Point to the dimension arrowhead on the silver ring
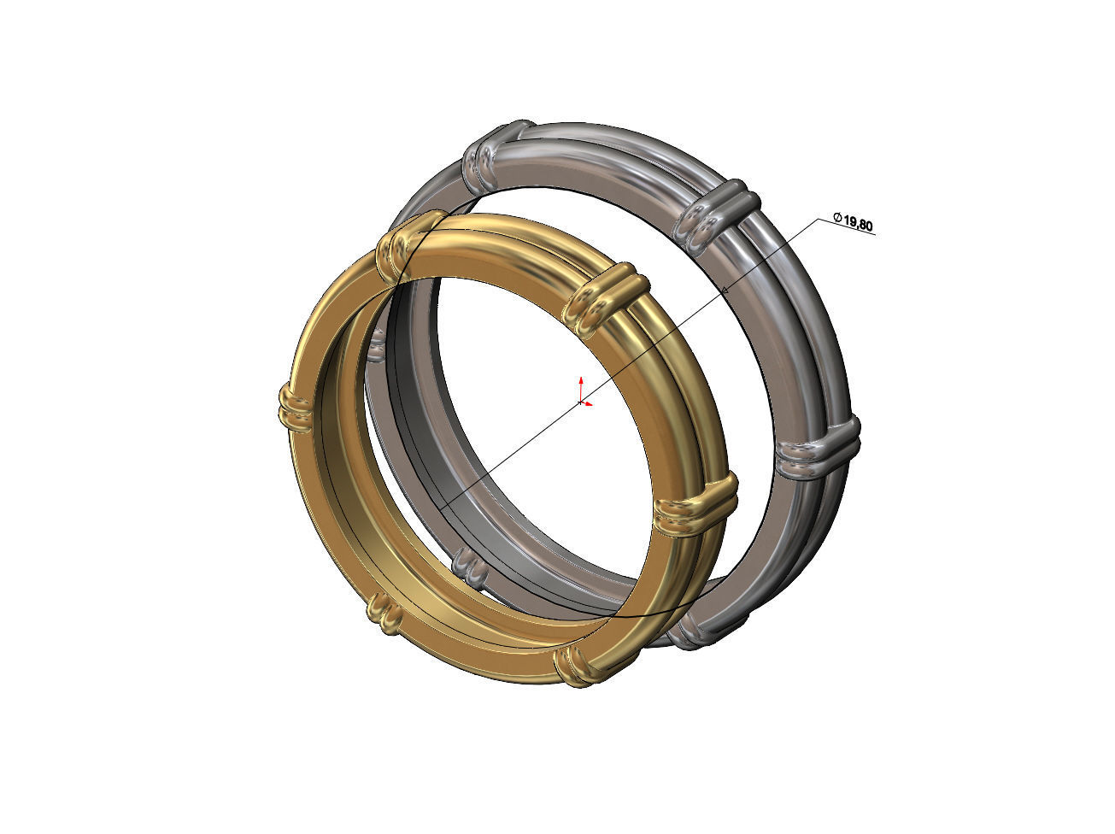click(x=725, y=290)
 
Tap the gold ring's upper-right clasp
click(x=606, y=300)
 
